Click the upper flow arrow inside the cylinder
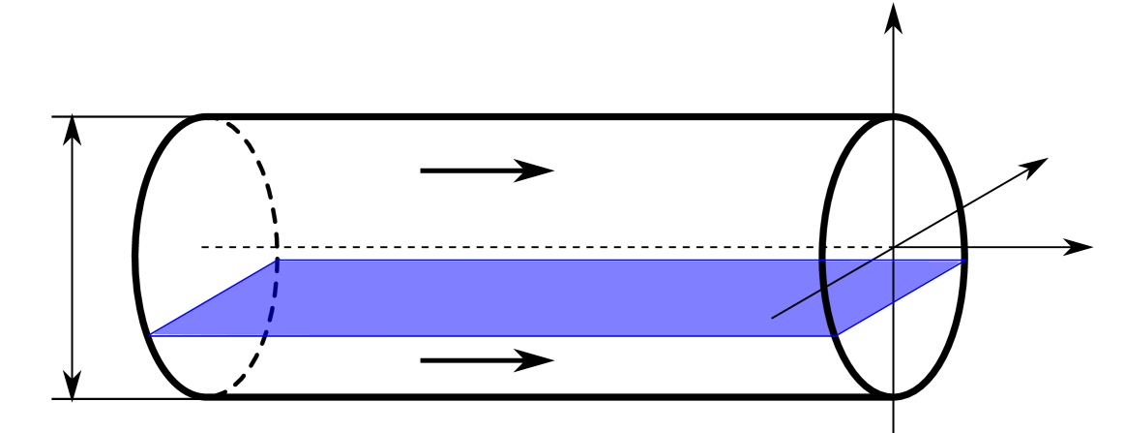(x=487, y=170)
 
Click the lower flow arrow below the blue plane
(x=487, y=360)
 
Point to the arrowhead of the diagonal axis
(x=1038, y=164)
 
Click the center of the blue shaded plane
(x=556, y=297)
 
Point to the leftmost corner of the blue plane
(x=150, y=335)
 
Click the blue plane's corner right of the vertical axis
(x=964, y=261)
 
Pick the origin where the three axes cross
(x=894, y=247)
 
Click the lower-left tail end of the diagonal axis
(x=772, y=318)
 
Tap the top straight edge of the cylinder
(x=542, y=117)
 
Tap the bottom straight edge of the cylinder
(x=542, y=396)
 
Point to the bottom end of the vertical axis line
(x=894, y=428)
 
